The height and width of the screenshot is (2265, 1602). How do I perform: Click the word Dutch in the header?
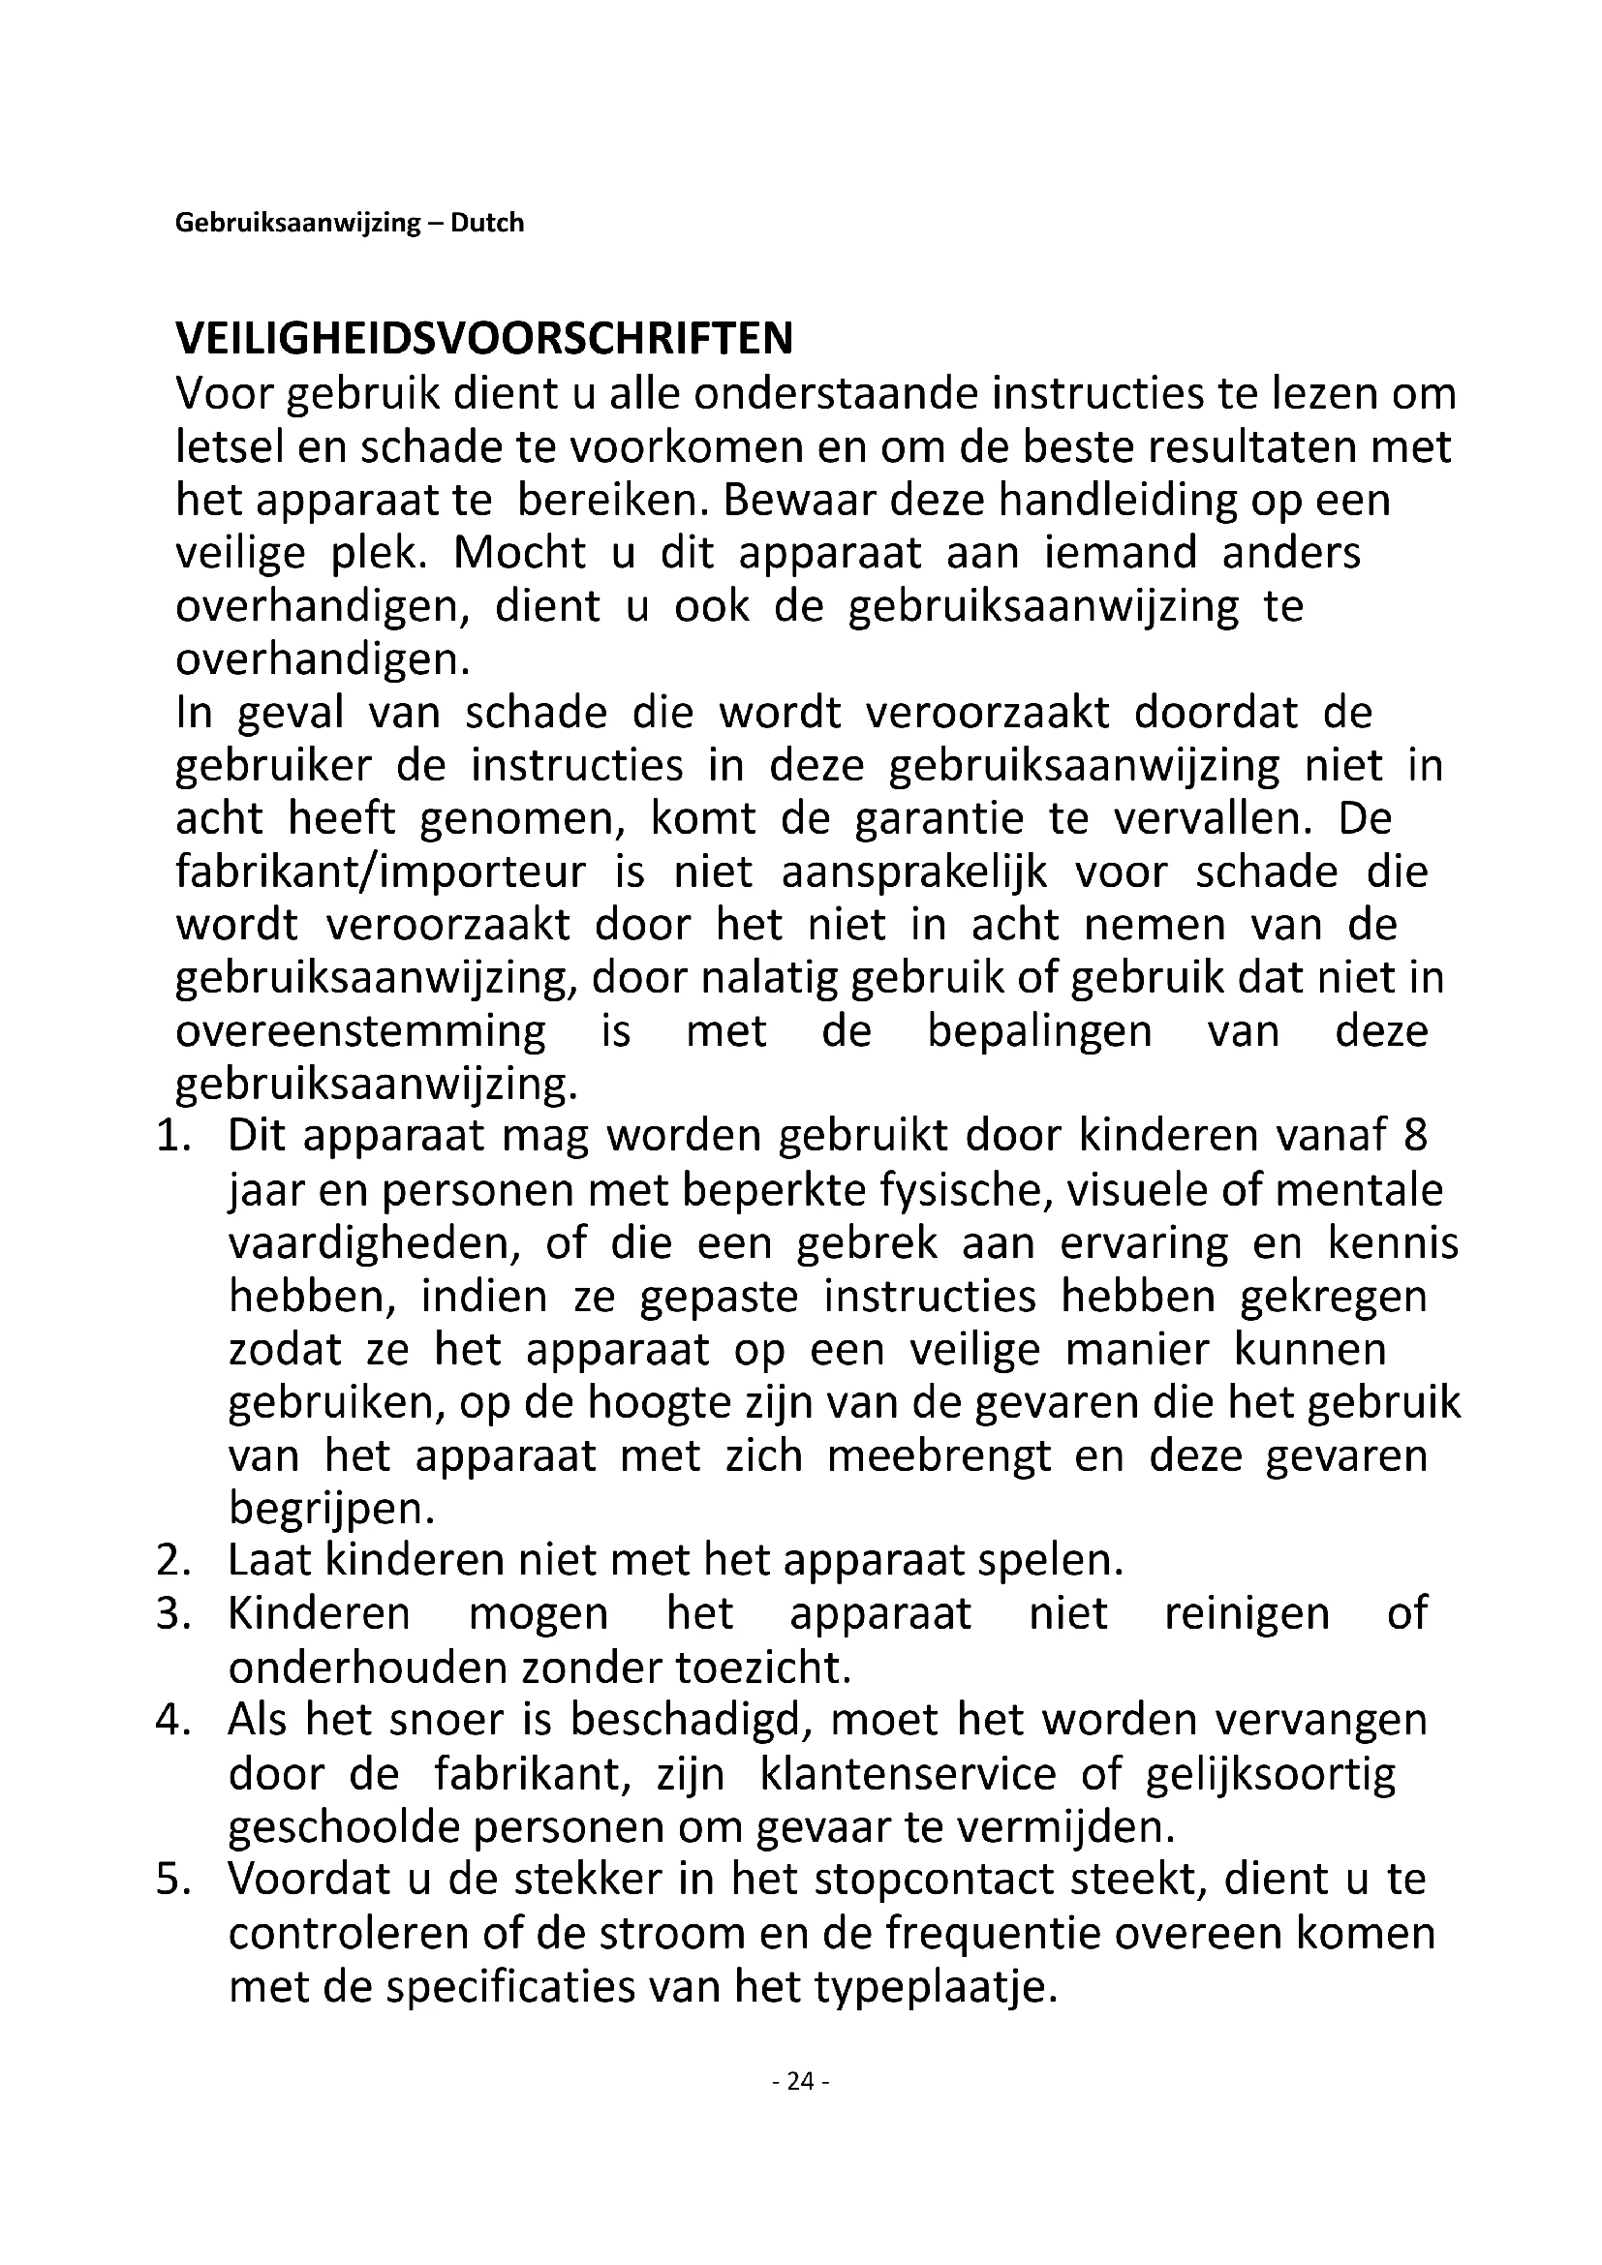pyautogui.click(x=487, y=223)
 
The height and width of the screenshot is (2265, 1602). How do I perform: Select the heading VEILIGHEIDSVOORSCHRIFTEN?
pyautogui.click(x=483, y=338)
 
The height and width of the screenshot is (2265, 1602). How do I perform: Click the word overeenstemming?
pyautogui.click(x=360, y=1031)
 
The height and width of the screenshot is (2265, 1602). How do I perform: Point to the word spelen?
pyautogui.click(x=1050, y=1560)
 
